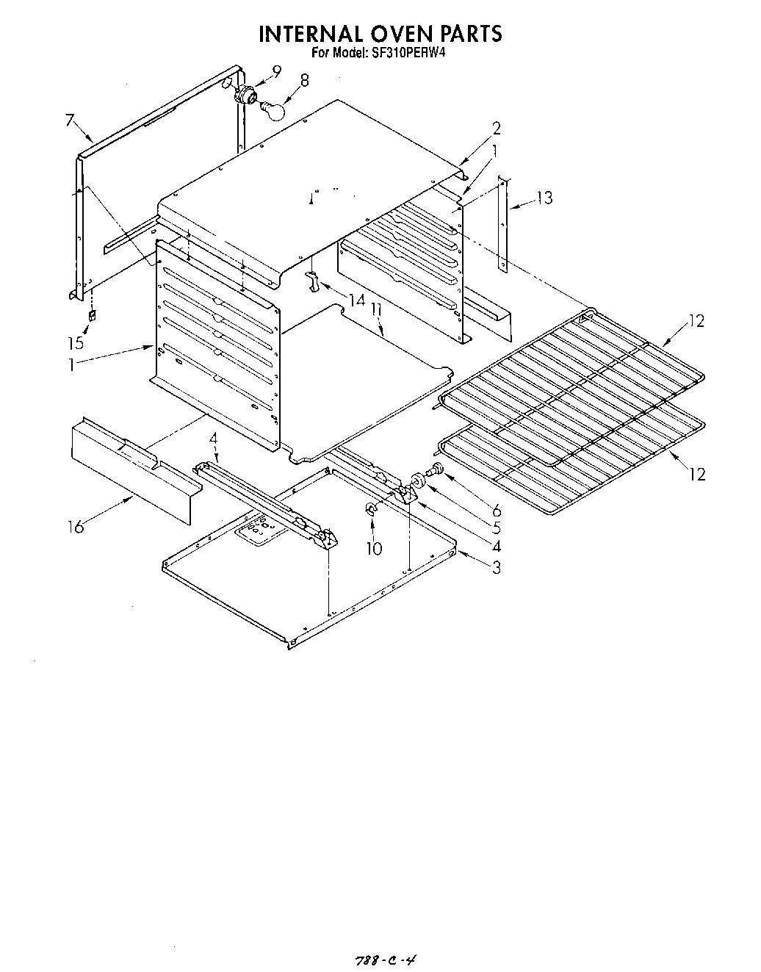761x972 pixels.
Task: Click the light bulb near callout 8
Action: (x=274, y=109)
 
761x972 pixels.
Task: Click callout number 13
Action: (x=544, y=197)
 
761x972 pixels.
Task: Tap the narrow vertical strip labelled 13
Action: (x=502, y=224)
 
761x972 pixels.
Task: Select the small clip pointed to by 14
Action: (x=311, y=279)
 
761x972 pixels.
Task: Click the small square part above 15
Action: (x=92, y=316)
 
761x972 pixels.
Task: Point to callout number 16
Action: (x=76, y=526)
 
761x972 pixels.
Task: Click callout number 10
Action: (x=375, y=547)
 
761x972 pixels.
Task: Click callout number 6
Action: (x=497, y=509)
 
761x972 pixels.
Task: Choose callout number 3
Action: (x=497, y=566)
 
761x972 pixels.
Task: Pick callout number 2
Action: (x=497, y=128)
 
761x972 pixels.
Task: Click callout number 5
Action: (x=497, y=527)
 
